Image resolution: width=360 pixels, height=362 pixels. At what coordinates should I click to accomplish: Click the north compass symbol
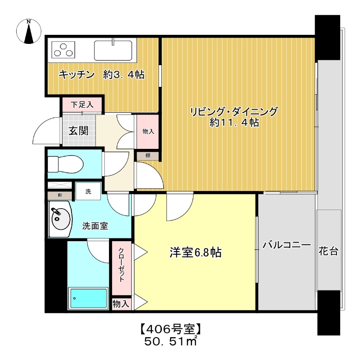[29, 32]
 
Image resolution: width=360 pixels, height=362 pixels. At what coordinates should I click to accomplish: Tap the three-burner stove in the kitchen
[64, 49]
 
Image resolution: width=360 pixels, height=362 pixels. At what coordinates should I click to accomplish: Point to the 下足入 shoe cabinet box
[82, 105]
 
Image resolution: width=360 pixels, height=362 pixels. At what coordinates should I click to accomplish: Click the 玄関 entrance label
[78, 131]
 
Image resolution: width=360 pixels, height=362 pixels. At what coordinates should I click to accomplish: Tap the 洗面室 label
[95, 226]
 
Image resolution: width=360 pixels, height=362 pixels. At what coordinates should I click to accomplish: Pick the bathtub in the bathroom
[88, 299]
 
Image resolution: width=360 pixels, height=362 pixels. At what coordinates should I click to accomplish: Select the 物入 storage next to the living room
[148, 131]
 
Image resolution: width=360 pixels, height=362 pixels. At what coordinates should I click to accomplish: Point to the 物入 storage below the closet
[121, 304]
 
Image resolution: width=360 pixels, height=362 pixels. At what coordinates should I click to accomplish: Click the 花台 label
[328, 252]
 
